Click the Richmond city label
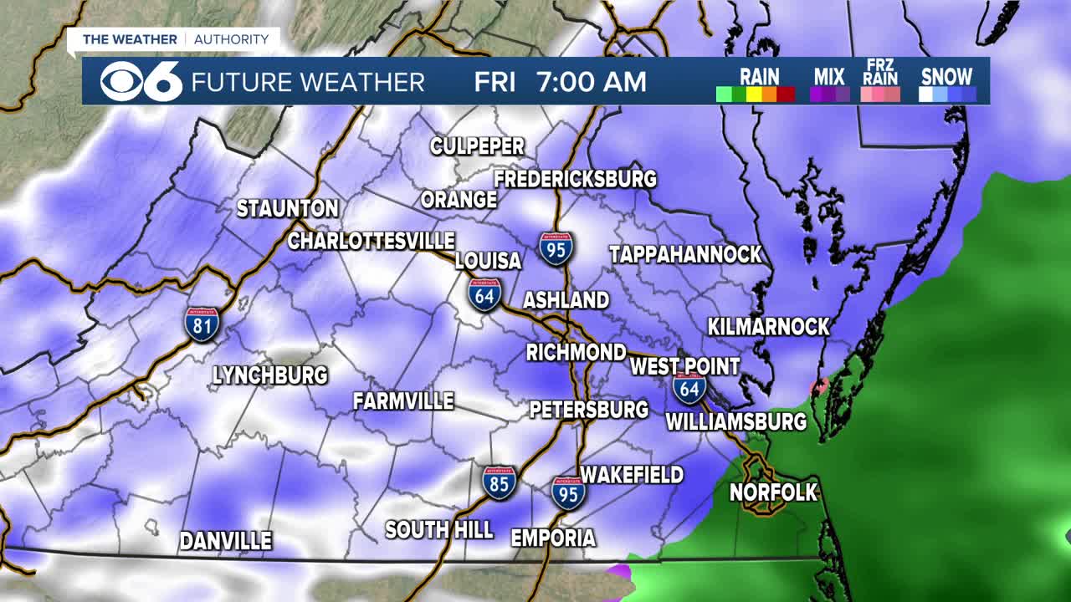[576, 352]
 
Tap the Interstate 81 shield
[202, 323]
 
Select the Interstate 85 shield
[499, 483]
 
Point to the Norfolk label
[773, 492]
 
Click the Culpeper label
[477, 146]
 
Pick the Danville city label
[226, 541]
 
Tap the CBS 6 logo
[141, 81]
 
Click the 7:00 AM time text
[592, 82]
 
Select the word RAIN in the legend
[760, 77]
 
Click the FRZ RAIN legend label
[881, 73]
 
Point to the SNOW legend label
[946, 77]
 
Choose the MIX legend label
[829, 77]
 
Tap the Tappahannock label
[685, 255]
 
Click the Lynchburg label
[270, 375]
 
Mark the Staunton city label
[287, 209]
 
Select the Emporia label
[553, 538]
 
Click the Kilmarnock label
[768, 327]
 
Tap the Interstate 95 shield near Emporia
[568, 492]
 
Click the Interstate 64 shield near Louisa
[485, 295]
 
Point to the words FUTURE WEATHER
[308, 82]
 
